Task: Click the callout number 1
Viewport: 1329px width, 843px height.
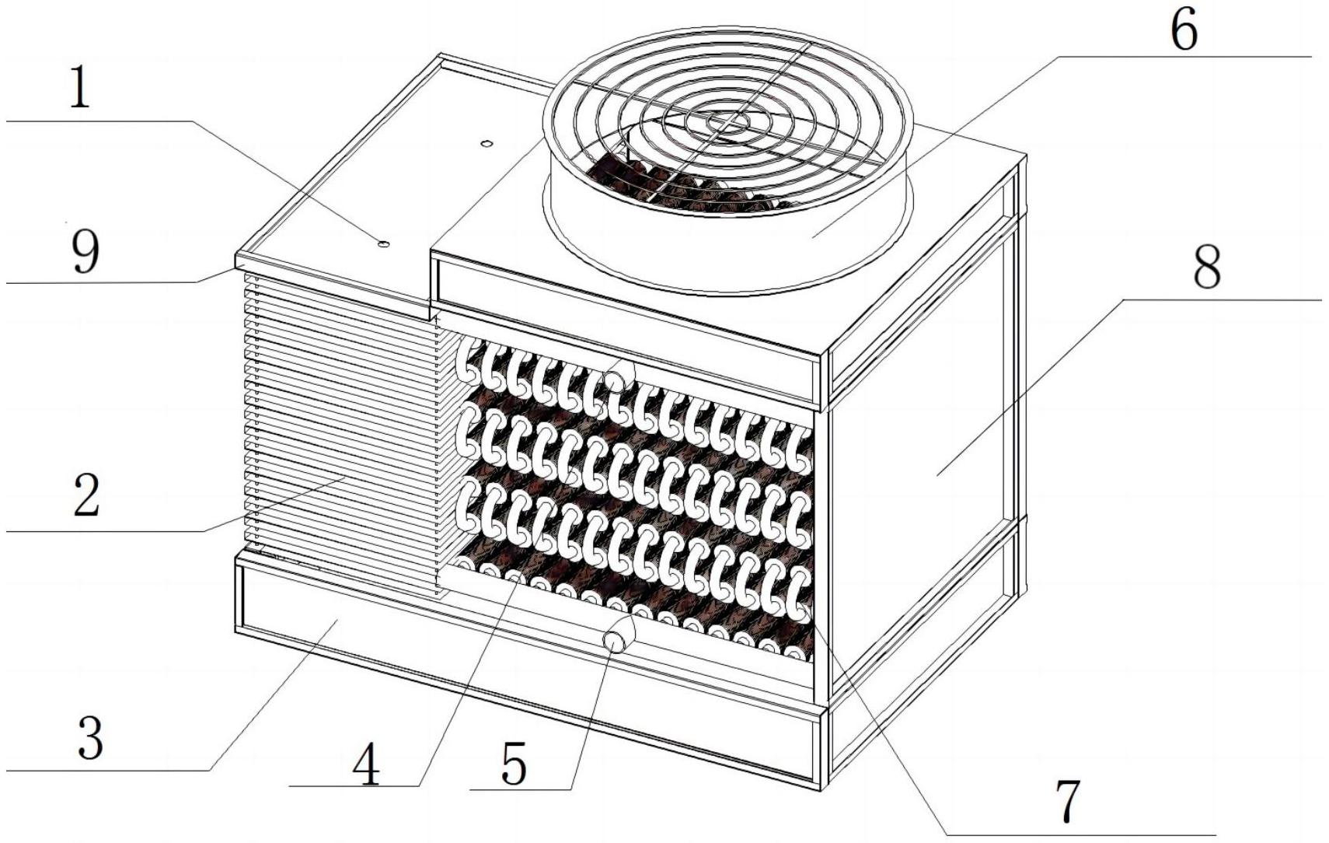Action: coord(79,88)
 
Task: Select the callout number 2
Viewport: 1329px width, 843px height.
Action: coord(86,496)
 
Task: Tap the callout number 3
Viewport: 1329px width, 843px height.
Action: coord(90,737)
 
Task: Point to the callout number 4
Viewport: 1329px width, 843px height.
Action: coord(366,764)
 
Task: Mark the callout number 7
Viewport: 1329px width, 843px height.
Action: coord(1068,801)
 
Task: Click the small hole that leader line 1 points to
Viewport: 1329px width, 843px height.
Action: coord(383,244)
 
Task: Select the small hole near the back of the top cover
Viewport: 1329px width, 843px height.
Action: coord(487,144)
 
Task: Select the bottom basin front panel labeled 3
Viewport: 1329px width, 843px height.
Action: coord(389,622)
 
